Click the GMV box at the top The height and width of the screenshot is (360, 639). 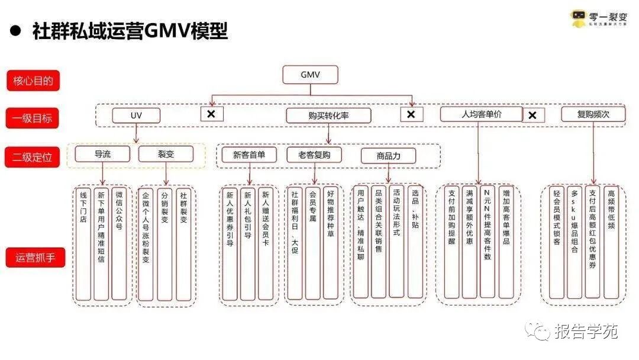pos(310,75)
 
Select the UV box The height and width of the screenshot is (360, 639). pos(136,115)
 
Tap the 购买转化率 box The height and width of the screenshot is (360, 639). pos(328,115)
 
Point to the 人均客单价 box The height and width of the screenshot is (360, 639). pos(481,114)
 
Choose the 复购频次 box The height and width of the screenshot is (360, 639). pos(593,114)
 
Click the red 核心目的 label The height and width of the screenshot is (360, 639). pos(33,80)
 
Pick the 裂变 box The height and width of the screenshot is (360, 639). pos(166,155)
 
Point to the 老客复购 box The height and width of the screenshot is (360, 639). pos(314,155)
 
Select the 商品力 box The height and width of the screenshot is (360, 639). pos(388,156)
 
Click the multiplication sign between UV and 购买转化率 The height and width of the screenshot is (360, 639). pos(211,114)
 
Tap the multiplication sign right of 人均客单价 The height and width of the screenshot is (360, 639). pos(532,115)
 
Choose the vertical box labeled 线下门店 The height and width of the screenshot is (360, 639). pos(83,243)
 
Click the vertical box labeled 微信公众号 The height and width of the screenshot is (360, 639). pos(119,243)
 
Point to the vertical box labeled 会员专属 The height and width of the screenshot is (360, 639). pos(312,243)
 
